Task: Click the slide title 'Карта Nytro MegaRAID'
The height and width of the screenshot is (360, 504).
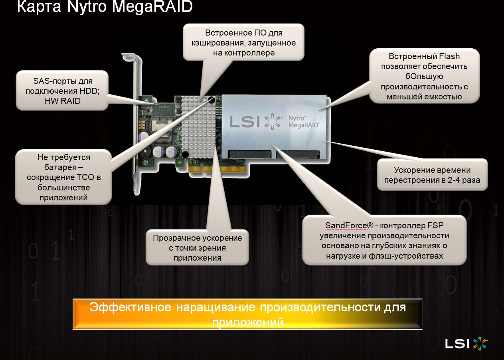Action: (x=105, y=7)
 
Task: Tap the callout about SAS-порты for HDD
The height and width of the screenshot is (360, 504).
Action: (x=62, y=91)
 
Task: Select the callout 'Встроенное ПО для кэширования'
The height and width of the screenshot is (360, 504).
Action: (x=244, y=42)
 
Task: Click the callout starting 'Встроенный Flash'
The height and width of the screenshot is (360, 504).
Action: (x=424, y=76)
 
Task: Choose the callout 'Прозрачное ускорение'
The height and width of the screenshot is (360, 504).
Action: (x=197, y=247)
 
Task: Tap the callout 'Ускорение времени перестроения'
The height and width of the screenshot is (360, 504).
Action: (x=432, y=175)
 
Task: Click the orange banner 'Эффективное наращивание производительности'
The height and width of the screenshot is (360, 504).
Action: (x=247, y=314)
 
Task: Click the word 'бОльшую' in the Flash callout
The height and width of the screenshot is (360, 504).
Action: (x=424, y=76)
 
